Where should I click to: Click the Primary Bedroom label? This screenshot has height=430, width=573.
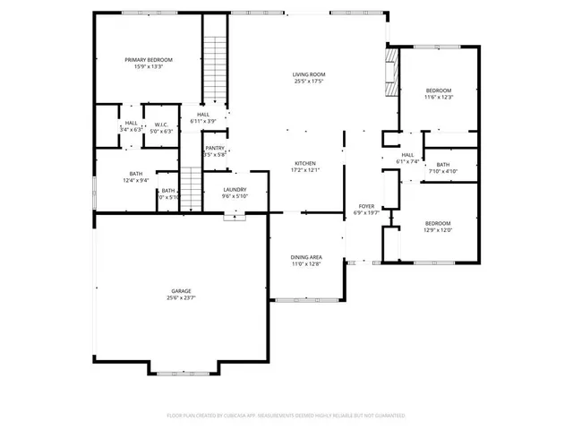[x=148, y=59]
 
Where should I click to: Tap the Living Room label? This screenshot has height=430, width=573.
[x=308, y=74]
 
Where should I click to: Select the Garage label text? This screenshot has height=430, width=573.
[x=182, y=291]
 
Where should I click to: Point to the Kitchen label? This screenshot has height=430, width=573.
[x=305, y=163]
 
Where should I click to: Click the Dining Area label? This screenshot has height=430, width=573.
[x=305, y=257]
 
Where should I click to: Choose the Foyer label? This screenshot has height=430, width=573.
[x=367, y=206]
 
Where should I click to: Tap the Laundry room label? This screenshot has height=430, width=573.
[x=235, y=189]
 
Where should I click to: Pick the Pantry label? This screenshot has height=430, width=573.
[x=215, y=148]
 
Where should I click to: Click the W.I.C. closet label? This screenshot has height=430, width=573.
[x=162, y=125]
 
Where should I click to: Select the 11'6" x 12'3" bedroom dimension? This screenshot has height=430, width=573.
[x=439, y=97]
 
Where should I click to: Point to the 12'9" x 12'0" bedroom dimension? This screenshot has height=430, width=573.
[x=438, y=229]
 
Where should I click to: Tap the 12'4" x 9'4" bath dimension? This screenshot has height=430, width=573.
[x=136, y=181]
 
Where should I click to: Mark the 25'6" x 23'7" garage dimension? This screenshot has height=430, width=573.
[x=182, y=298]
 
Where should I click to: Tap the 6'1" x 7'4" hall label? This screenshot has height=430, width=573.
[x=407, y=159]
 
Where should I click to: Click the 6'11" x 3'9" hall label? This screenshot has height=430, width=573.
[x=203, y=117]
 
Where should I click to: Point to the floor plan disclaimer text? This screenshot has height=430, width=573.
[x=286, y=416]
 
